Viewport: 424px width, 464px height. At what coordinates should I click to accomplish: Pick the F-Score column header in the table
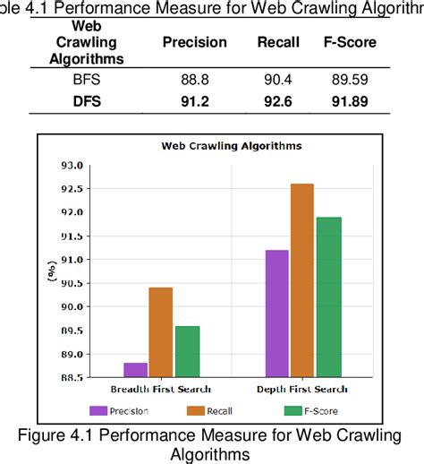(349, 42)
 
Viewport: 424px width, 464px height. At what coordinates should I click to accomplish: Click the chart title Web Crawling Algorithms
(230, 145)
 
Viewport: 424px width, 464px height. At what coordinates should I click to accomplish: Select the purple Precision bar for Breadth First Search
(136, 369)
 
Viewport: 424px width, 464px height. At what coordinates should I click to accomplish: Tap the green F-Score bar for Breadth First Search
(188, 351)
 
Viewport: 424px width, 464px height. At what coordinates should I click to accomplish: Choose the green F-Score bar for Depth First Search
(328, 296)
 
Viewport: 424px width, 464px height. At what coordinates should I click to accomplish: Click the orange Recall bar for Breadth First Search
(162, 331)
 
